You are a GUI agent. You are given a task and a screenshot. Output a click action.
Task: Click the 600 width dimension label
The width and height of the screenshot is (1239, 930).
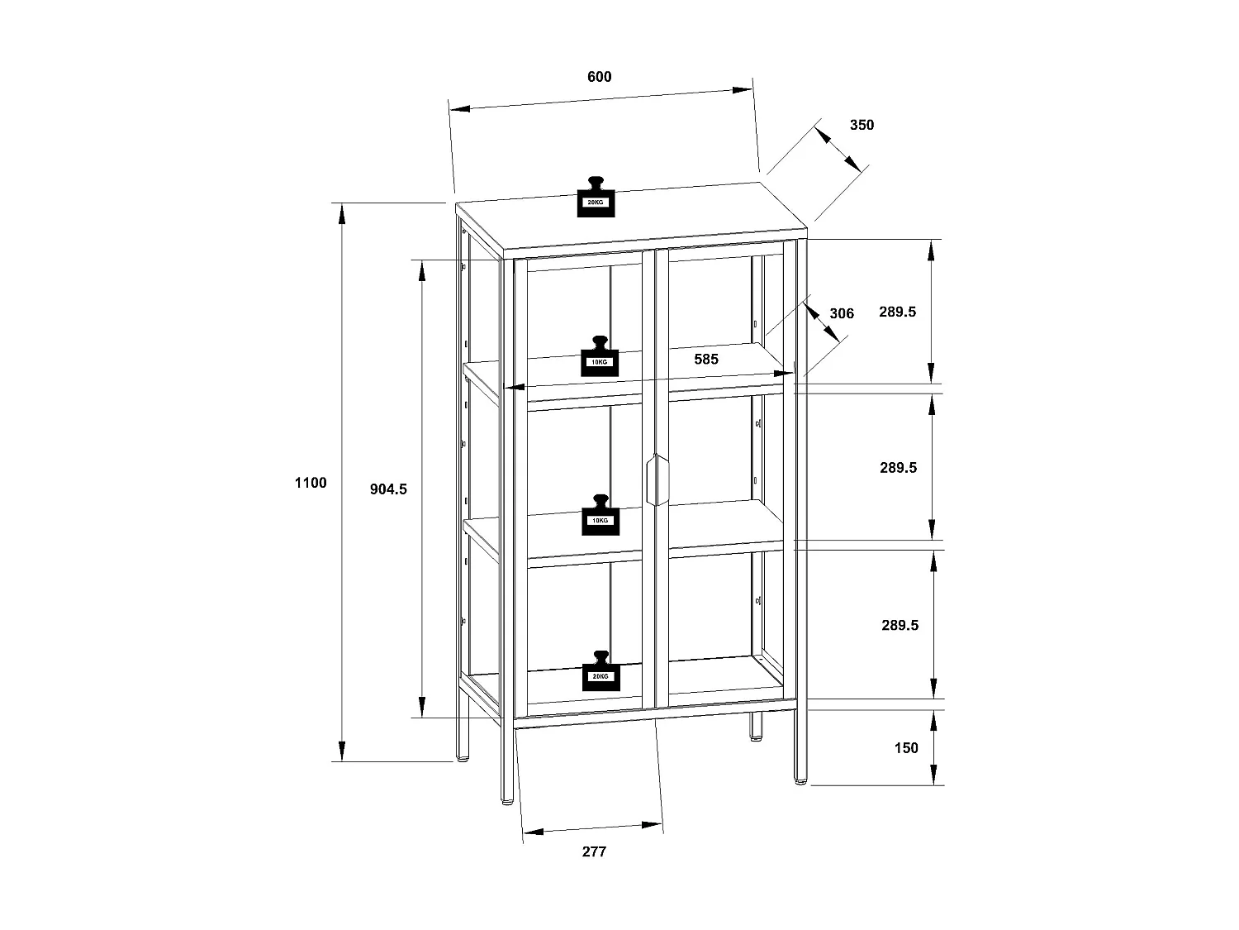click(x=599, y=77)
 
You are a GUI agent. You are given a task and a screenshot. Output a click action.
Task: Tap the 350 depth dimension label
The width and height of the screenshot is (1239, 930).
click(x=862, y=125)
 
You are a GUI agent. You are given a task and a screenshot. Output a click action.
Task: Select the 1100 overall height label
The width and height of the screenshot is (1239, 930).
click(x=311, y=483)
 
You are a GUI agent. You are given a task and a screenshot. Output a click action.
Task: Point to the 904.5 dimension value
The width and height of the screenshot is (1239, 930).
click(x=388, y=489)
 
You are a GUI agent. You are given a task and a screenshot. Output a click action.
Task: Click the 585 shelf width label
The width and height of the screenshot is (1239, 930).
click(x=706, y=359)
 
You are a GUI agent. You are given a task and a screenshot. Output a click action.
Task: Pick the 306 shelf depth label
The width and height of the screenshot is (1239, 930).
click(x=841, y=313)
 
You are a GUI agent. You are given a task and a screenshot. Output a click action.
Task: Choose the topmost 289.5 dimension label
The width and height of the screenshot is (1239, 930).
click(x=898, y=312)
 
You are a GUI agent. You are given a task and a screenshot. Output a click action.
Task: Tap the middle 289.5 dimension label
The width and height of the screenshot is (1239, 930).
click(x=898, y=467)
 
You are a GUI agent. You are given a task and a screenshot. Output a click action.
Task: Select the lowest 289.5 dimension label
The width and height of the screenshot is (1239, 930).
click(x=900, y=625)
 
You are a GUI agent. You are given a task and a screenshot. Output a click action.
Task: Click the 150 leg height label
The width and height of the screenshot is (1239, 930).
click(x=906, y=748)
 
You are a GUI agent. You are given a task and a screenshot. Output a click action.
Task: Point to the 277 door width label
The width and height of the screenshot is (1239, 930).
click(x=594, y=851)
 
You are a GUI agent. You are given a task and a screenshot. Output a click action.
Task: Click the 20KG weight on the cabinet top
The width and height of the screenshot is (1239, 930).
click(x=596, y=198)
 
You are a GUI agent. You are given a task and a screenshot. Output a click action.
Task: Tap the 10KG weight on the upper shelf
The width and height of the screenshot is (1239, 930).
click(x=600, y=357)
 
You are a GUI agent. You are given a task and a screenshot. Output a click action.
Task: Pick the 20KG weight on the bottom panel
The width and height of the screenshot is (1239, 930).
click(x=600, y=671)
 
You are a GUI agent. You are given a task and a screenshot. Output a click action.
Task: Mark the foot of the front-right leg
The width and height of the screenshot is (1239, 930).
click(x=800, y=780)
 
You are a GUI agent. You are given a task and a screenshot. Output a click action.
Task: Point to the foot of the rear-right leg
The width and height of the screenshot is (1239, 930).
click(x=756, y=735)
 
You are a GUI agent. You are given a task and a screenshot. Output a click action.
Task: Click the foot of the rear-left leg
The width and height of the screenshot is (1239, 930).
click(x=462, y=756)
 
